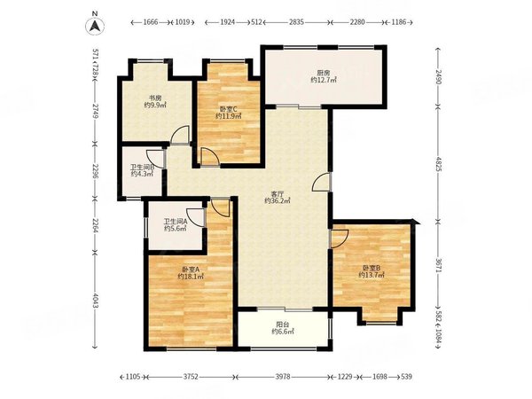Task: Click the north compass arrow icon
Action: tap(95, 26)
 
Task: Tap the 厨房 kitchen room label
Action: tap(324, 73)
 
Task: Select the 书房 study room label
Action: tap(155, 98)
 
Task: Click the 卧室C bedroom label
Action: tap(229, 109)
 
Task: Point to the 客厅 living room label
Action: tap(278, 194)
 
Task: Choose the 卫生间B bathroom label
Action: tap(143, 167)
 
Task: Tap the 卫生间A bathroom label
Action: tap(176, 222)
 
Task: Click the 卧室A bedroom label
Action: tap(191, 270)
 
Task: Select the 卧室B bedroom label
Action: tap(372, 268)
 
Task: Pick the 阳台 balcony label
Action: tap(282, 325)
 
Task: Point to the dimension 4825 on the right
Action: tap(438, 164)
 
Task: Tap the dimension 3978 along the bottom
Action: tap(283, 376)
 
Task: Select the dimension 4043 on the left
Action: tap(95, 301)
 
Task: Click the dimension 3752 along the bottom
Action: tap(191, 376)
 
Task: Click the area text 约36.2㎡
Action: tap(278, 201)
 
